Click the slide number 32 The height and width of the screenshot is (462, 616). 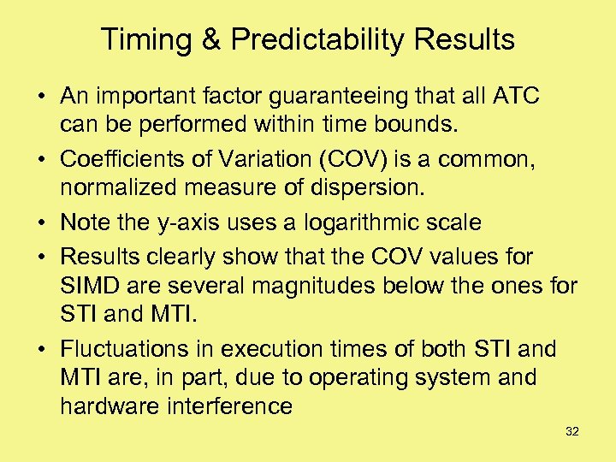pyautogui.click(x=572, y=432)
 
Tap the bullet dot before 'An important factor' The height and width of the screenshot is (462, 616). pyautogui.click(x=43, y=97)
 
